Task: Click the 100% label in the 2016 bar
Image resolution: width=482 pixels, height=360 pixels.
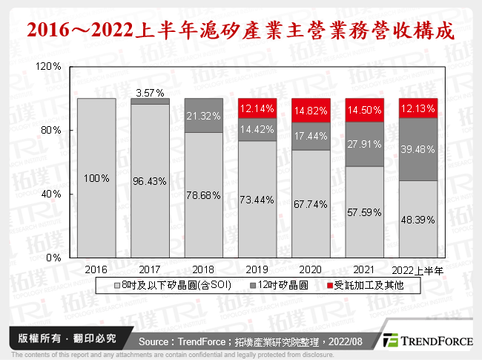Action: (x=96, y=179)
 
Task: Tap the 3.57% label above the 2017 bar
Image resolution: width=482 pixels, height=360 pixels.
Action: (x=150, y=93)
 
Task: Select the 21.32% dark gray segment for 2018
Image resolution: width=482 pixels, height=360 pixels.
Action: (x=203, y=116)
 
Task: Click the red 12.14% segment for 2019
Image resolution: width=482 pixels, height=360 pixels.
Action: (x=257, y=108)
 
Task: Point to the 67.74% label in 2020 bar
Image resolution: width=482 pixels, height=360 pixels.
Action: (x=310, y=205)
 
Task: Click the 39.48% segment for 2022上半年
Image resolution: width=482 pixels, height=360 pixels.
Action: (x=417, y=151)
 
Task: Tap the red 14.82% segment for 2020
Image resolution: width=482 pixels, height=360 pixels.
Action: (x=310, y=110)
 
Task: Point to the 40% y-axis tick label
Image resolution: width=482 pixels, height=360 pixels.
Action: (x=51, y=194)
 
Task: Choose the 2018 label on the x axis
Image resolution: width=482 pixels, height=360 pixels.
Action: (x=203, y=269)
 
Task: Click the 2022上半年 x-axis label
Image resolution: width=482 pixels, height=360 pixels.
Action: (x=417, y=269)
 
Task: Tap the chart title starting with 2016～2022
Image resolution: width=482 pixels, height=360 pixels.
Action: (x=241, y=31)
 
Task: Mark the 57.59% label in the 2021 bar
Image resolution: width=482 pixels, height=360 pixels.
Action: (x=364, y=212)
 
